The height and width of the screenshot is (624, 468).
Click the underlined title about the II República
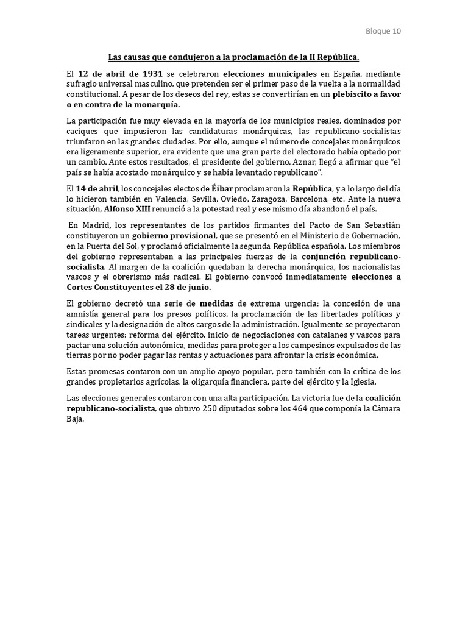(234, 57)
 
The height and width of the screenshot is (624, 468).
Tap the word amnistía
(83, 313)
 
